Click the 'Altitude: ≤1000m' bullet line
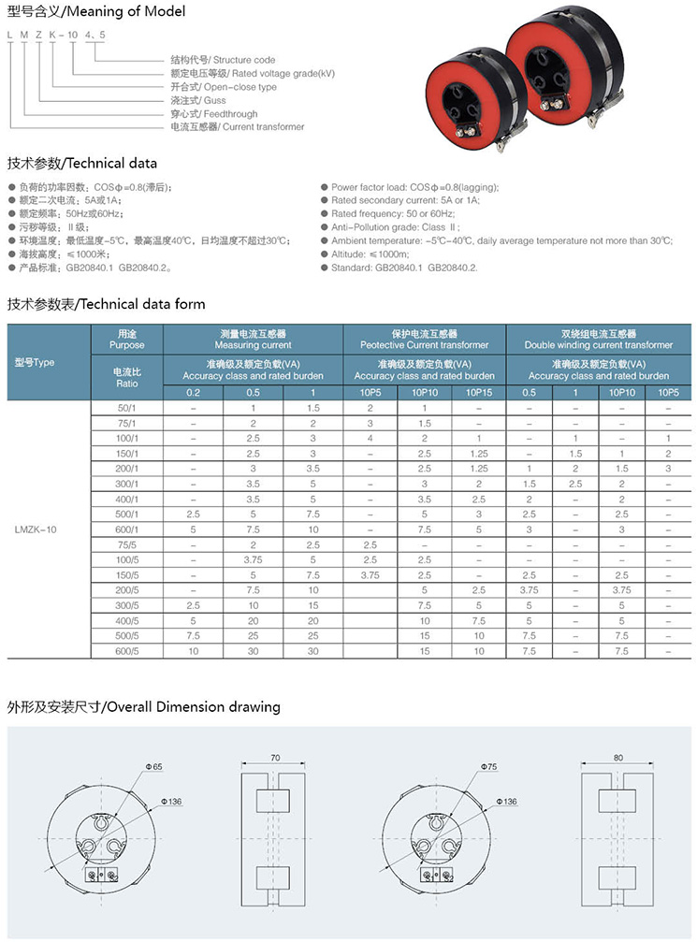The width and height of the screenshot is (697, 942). click(379, 254)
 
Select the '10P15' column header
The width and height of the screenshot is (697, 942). click(478, 393)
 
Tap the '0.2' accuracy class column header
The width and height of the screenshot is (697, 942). click(193, 393)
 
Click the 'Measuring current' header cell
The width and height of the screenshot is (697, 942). click(254, 339)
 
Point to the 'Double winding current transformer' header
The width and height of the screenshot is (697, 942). click(598, 339)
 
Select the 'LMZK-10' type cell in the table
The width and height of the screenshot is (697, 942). click(36, 529)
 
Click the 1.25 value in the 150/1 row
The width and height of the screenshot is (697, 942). click(478, 454)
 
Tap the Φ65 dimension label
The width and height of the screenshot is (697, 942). click(153, 767)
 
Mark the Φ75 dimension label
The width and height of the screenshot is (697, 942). click(489, 766)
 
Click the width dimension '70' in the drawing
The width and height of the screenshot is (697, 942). click(274, 759)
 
